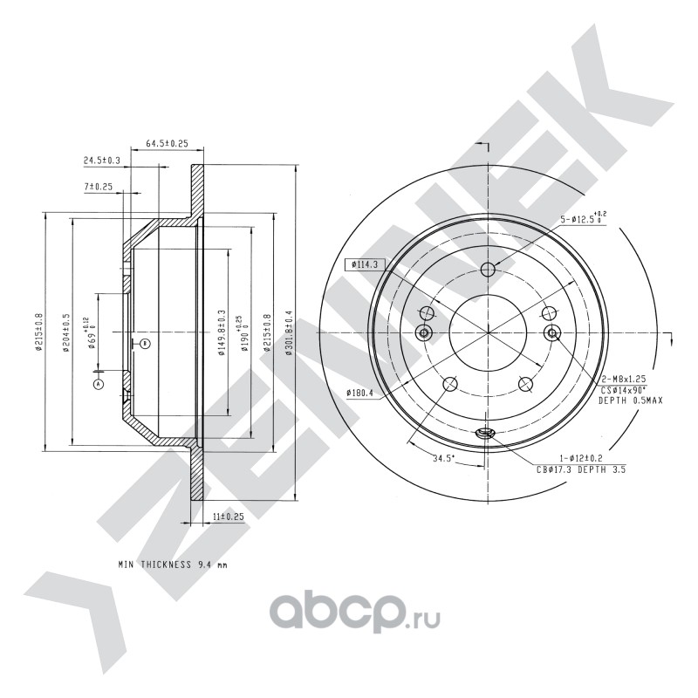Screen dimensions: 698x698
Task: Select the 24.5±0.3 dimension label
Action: [102, 161]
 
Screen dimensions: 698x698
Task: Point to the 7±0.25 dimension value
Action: [99, 187]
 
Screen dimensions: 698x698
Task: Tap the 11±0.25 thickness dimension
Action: [228, 517]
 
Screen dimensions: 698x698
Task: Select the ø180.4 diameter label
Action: [359, 393]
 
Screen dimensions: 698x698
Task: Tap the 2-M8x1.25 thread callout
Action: [622, 380]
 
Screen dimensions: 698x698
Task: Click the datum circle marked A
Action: [99, 382]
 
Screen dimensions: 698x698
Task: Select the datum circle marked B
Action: [146, 343]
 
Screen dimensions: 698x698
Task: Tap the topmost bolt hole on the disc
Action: [488, 268]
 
